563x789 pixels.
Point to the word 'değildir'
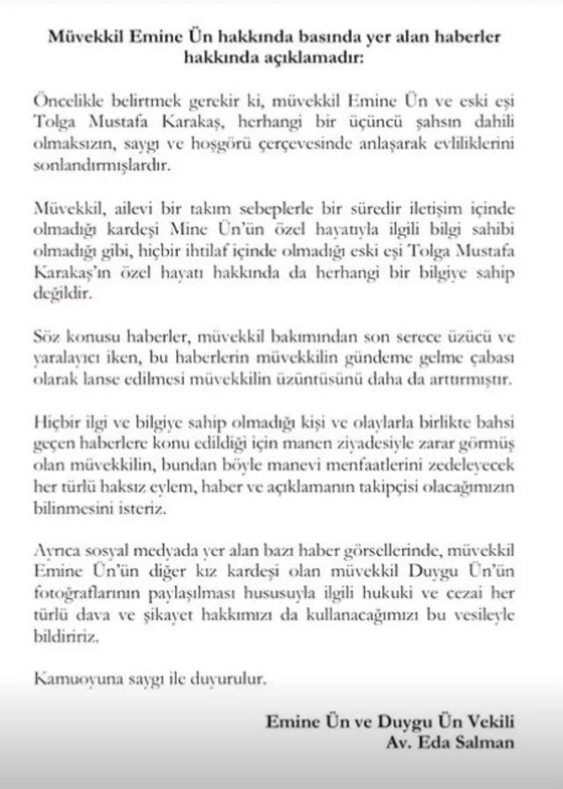(58, 295)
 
